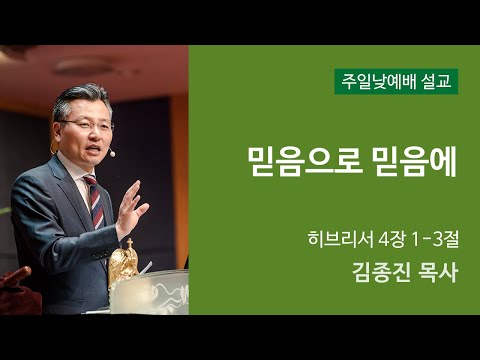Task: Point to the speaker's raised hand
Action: coord(130,205)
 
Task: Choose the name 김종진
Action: coord(381,271)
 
